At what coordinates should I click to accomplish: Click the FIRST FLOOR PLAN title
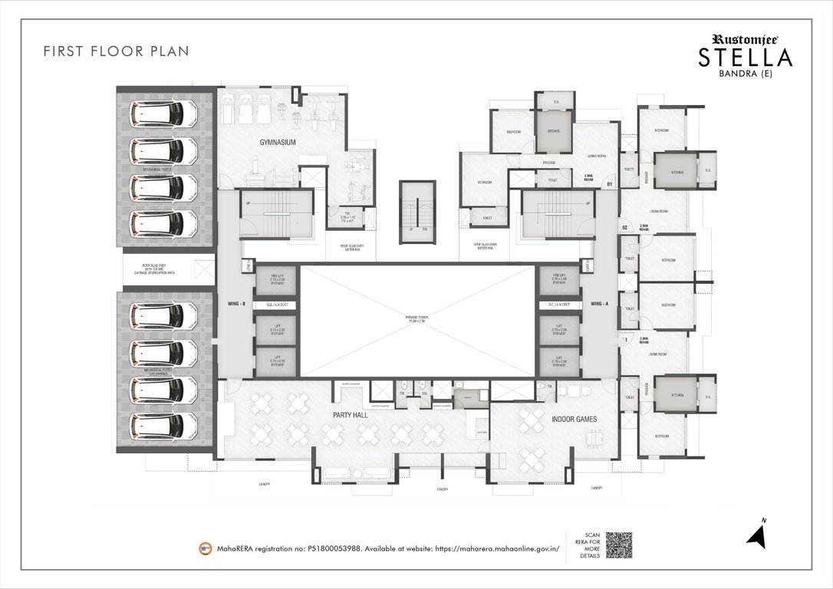click(x=116, y=51)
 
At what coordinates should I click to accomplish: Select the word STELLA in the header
click(x=744, y=58)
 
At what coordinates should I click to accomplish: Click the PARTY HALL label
click(x=351, y=415)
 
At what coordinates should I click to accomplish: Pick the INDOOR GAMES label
click(x=574, y=420)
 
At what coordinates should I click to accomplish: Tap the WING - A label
click(x=599, y=304)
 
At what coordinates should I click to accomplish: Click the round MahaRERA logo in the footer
click(x=205, y=548)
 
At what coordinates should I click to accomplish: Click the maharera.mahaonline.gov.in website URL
click(x=499, y=549)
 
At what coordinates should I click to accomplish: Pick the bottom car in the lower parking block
click(x=159, y=424)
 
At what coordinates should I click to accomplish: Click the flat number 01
click(x=609, y=184)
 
